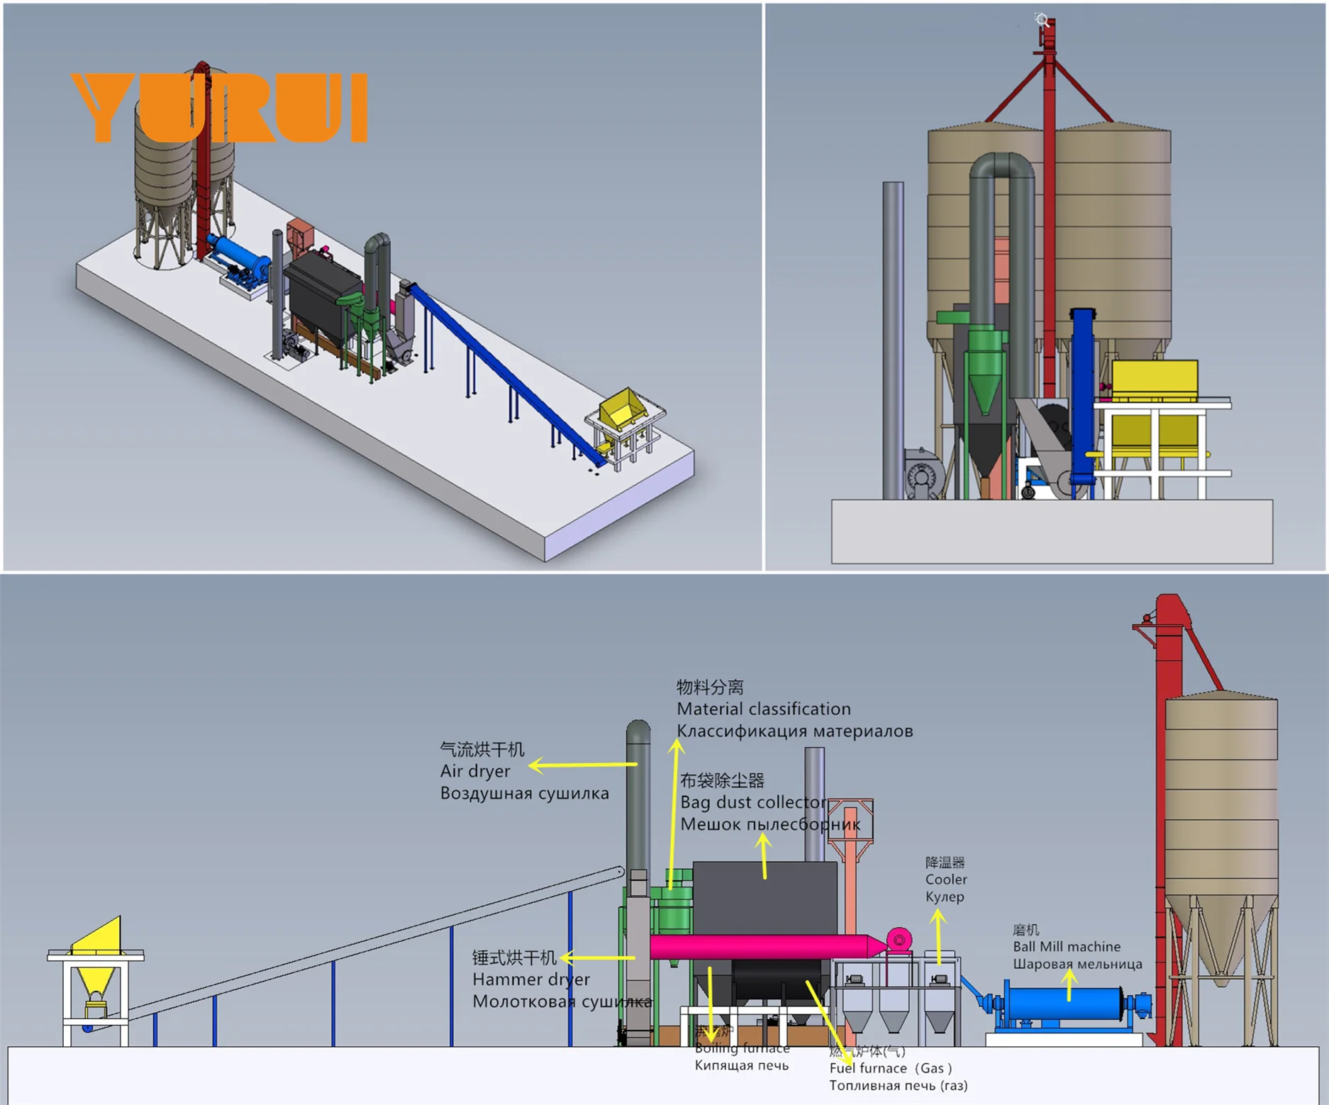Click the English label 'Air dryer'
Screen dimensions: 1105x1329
pos(474,771)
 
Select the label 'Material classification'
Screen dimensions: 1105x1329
pos(763,709)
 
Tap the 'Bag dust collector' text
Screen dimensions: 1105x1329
pos(752,802)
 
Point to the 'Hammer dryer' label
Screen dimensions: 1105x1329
pos(530,979)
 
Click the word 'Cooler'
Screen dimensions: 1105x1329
pos(945,879)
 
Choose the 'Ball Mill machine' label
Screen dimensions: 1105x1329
pos(1066,946)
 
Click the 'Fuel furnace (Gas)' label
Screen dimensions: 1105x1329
pos(891,1068)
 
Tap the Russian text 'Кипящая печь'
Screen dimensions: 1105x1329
pos(741,1065)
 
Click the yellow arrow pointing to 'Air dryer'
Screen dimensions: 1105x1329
pos(582,765)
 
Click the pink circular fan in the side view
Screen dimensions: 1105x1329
pos(899,940)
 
